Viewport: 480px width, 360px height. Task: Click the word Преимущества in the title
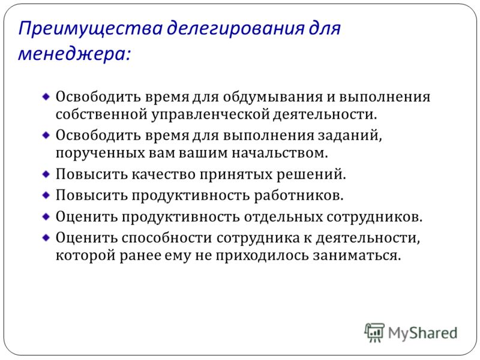click(91, 29)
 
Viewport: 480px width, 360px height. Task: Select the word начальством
click(280, 153)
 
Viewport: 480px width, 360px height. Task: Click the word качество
click(164, 175)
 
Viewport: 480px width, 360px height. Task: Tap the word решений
click(311, 175)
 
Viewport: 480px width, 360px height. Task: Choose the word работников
click(299, 196)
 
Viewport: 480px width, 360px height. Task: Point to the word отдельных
click(283, 217)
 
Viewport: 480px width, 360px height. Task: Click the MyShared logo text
click(423, 333)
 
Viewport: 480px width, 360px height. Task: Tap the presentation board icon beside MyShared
click(374, 332)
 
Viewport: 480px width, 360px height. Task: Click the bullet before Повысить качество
click(46, 175)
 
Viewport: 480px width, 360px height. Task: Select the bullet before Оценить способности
click(46, 238)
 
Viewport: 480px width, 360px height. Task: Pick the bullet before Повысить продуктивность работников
click(46, 196)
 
